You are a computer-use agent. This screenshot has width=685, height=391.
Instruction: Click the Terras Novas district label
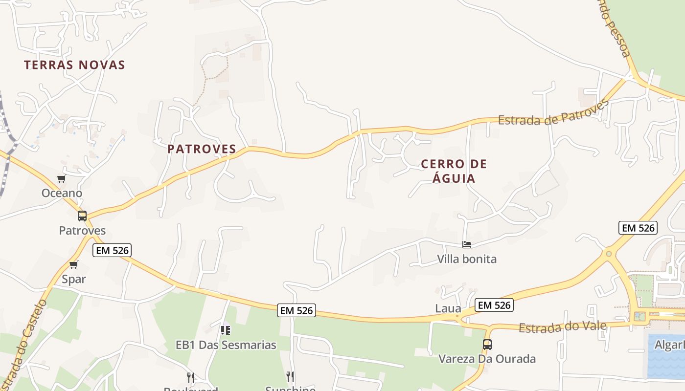click(x=74, y=65)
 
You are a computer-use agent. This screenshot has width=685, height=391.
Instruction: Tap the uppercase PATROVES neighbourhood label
click(x=202, y=149)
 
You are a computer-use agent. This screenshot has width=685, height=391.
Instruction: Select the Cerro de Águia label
click(x=454, y=171)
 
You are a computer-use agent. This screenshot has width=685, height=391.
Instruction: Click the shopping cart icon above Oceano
click(x=61, y=178)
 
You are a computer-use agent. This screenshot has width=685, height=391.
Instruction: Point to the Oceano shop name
click(x=62, y=193)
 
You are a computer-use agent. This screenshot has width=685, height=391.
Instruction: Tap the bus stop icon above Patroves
click(x=82, y=216)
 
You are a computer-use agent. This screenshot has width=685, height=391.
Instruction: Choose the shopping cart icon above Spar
click(x=73, y=264)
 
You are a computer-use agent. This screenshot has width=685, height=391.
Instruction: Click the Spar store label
click(x=73, y=279)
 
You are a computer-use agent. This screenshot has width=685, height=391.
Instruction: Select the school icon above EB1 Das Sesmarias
click(x=225, y=330)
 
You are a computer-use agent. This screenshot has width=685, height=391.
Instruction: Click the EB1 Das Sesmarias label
click(x=226, y=345)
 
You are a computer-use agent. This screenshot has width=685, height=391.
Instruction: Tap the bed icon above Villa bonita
click(x=467, y=244)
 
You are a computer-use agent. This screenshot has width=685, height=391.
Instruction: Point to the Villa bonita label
click(x=466, y=259)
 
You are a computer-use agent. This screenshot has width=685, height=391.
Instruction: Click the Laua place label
click(x=448, y=308)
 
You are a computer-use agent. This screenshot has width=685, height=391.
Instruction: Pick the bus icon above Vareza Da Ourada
click(x=487, y=344)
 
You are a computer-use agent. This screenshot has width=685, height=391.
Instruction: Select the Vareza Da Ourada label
click(x=487, y=359)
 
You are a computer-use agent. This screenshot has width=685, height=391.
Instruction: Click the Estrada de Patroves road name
click(x=553, y=113)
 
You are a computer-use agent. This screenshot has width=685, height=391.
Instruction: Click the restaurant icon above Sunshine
click(x=290, y=376)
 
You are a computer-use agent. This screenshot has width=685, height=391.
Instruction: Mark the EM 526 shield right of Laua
click(x=494, y=305)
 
